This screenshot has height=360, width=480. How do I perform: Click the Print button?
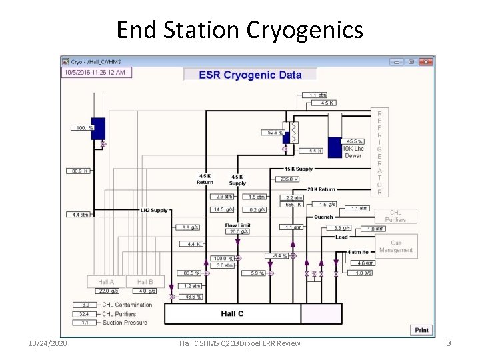(x=422, y=330)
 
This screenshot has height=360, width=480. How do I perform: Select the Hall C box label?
(x=232, y=313)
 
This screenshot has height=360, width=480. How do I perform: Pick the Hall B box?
(x=145, y=282)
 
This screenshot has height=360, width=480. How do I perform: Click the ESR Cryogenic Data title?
(x=250, y=75)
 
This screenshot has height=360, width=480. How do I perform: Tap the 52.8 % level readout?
(x=275, y=133)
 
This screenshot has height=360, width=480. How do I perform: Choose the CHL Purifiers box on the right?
(x=395, y=216)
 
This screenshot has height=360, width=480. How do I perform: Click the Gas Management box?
(x=396, y=247)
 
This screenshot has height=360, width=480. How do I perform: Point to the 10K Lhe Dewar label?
(x=353, y=152)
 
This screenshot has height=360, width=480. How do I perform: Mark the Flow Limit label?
(x=237, y=225)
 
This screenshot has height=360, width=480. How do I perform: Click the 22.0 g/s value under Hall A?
(x=108, y=291)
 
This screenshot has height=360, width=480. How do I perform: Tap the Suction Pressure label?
(x=125, y=323)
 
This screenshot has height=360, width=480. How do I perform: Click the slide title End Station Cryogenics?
(x=239, y=29)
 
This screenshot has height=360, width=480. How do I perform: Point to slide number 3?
(x=449, y=343)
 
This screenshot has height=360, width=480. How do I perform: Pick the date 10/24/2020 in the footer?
(x=47, y=343)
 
